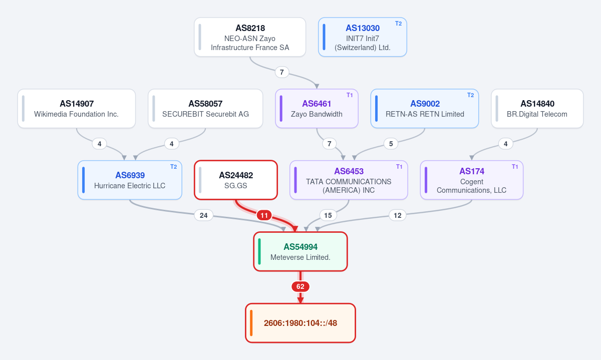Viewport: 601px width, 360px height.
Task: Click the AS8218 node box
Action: [250, 37]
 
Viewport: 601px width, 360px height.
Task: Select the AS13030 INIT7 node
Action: [362, 37]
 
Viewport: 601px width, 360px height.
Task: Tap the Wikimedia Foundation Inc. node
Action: [77, 108]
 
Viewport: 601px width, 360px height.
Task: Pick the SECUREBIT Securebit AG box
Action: [205, 108]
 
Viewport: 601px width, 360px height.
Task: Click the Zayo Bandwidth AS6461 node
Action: [317, 108]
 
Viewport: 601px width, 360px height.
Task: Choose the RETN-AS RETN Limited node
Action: [425, 108]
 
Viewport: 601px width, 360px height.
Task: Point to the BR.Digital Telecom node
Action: [537, 108]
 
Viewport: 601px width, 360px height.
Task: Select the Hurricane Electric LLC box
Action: [130, 180]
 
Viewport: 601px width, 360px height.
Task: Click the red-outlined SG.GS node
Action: [236, 180]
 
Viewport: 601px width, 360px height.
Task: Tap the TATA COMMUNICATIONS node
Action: [349, 180]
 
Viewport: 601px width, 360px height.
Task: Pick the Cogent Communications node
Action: [471, 180]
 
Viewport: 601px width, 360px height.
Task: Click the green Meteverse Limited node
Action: [300, 251]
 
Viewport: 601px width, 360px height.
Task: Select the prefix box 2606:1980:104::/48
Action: [300, 323]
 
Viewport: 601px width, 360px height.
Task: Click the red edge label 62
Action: [300, 286]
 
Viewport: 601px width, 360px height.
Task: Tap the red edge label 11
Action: [264, 215]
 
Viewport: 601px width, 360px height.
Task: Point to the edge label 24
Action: [204, 215]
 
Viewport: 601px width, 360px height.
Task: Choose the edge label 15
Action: [328, 215]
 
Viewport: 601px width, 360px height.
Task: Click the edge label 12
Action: [397, 215]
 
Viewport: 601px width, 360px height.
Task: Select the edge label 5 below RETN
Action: [391, 144]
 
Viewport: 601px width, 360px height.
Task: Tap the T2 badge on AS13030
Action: [399, 24]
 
